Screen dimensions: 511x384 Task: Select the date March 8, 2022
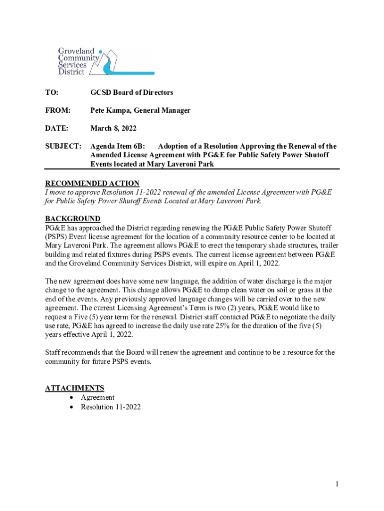coord(113,128)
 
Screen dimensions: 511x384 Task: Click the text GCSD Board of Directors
coord(132,92)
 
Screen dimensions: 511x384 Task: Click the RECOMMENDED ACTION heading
coord(92,183)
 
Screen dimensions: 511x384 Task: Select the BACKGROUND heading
coord(73,219)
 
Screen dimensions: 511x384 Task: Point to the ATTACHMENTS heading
coord(75,388)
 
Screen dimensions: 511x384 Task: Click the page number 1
coord(337,484)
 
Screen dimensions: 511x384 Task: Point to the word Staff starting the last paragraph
coord(54,352)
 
